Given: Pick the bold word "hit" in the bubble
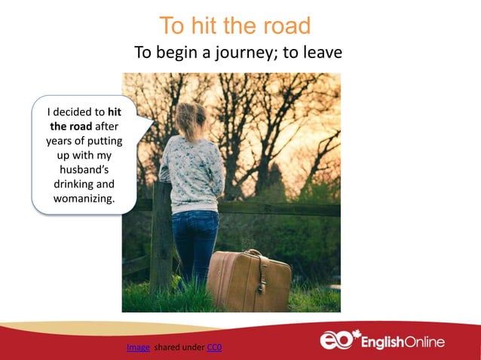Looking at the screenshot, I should click(115, 112).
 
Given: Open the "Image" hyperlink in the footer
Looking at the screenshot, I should click(138, 347).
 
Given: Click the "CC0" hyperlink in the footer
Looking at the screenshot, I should click(214, 347).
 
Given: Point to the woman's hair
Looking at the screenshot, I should click(190, 117).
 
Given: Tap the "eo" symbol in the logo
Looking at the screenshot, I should click(335, 341).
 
